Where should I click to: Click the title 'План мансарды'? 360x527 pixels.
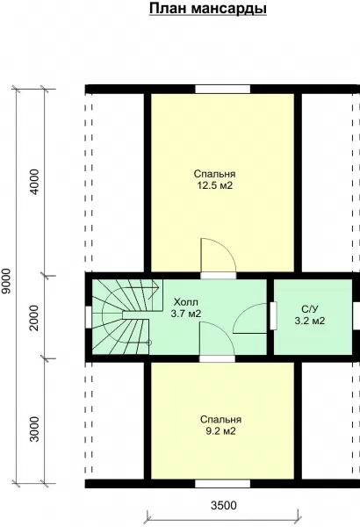[208, 9]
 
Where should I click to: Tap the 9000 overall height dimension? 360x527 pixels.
[6, 281]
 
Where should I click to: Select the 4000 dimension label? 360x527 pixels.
[34, 182]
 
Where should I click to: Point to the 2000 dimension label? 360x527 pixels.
[34, 318]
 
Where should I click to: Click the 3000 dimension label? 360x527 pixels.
[34, 430]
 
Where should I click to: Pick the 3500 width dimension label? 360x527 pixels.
[224, 505]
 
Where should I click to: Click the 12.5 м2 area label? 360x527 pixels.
[214, 185]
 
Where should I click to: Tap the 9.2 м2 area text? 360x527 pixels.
[220, 431]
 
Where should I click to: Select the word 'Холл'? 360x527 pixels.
[185, 301]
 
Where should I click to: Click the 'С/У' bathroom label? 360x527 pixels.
[310, 309]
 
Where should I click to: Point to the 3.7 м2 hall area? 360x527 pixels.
[186, 314]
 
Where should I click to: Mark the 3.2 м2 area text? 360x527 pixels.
[310, 321]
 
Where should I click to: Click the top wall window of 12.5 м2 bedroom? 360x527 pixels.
[223, 89]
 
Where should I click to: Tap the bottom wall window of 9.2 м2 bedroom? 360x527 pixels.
[222, 484]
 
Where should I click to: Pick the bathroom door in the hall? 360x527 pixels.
[273, 316]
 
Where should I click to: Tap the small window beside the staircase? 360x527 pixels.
[88, 317]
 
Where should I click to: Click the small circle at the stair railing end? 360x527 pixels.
[149, 343]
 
